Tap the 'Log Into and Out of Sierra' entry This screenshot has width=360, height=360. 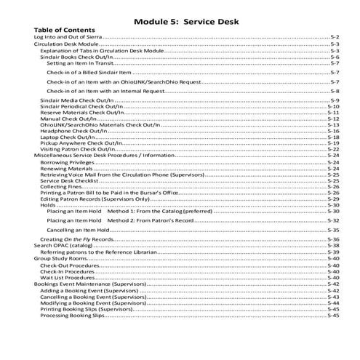(x=68, y=36)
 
